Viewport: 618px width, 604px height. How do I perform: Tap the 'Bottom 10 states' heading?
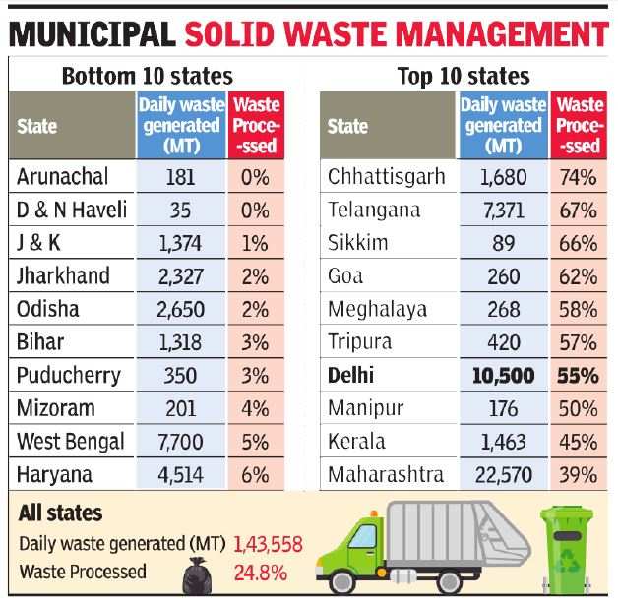pyautogui.click(x=148, y=76)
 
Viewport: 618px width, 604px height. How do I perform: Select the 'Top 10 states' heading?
pyautogui.click(x=463, y=76)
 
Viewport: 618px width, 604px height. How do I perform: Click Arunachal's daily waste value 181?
pyautogui.click(x=180, y=177)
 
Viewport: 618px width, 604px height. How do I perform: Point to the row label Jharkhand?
pyautogui.click(x=63, y=276)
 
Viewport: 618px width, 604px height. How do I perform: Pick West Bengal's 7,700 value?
pyautogui.click(x=180, y=442)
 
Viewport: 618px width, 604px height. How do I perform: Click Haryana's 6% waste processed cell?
pyautogui.click(x=255, y=474)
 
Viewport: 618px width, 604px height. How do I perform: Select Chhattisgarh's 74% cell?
pyautogui.click(x=578, y=177)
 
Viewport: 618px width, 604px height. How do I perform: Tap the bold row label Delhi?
pyautogui.click(x=352, y=376)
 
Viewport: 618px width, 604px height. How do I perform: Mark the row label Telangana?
pyautogui.click(x=374, y=211)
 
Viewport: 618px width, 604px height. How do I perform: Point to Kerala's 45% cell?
pyautogui.click(x=578, y=442)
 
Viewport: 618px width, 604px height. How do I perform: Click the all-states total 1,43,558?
pyautogui.click(x=267, y=544)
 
